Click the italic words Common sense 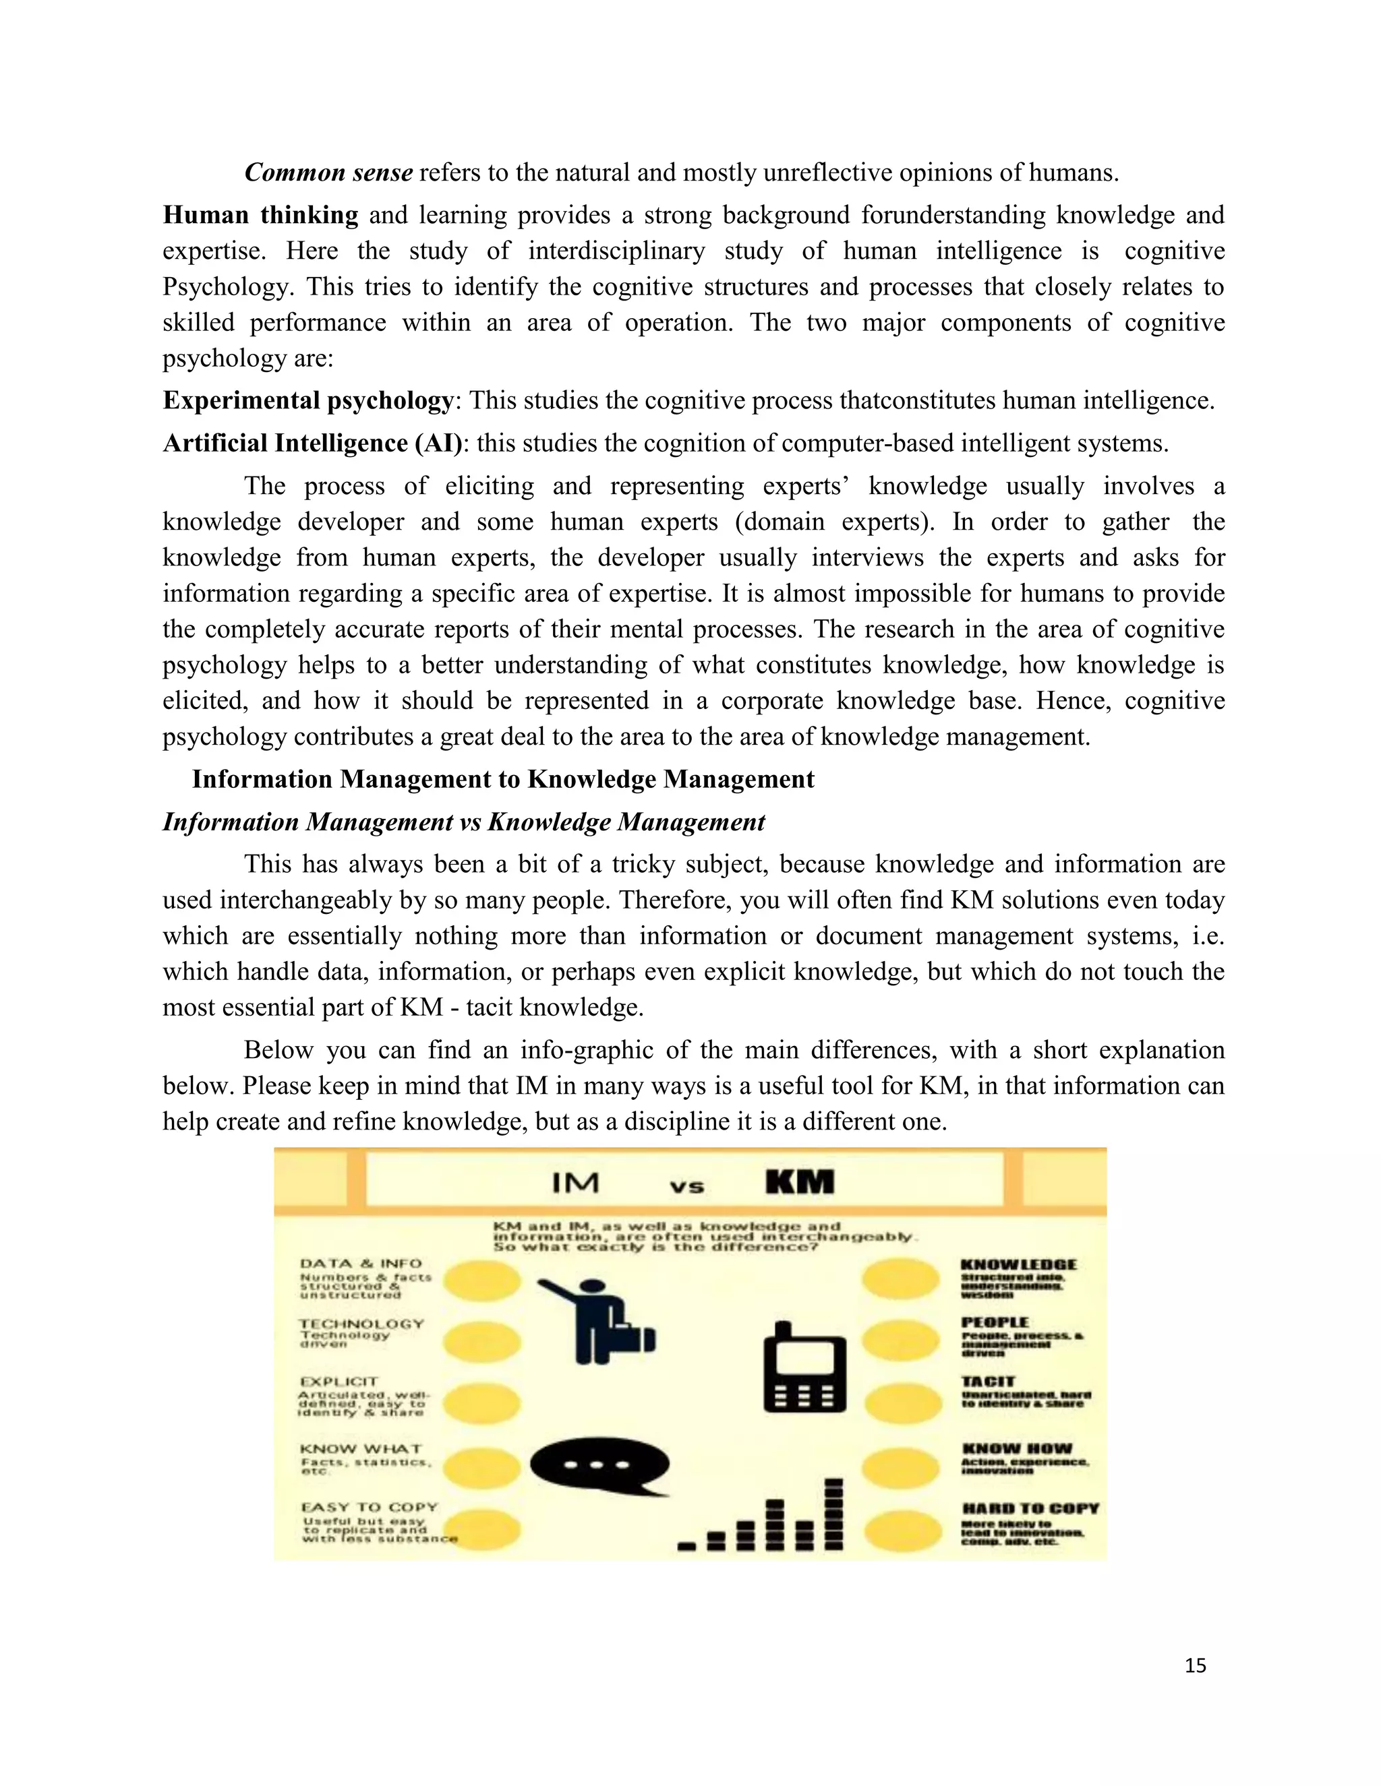(329, 173)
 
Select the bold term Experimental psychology (308, 401)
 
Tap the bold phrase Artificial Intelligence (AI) (312, 443)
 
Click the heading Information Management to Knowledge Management (503, 779)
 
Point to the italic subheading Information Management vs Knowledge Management (464, 822)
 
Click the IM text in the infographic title (575, 1183)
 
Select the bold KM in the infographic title (799, 1183)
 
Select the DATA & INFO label (361, 1264)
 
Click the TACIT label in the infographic (987, 1381)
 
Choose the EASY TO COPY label (370, 1507)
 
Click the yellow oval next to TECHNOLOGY (483, 1342)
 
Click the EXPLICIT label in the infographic (339, 1381)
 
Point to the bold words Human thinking (260, 215)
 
